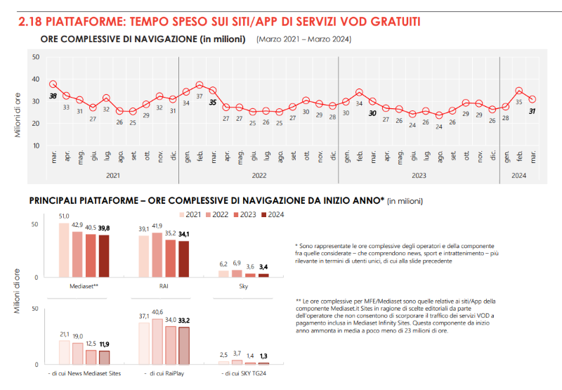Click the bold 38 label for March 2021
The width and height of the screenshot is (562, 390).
(x=53, y=96)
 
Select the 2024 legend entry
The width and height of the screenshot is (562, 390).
(x=273, y=215)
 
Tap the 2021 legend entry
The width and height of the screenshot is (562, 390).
(x=191, y=215)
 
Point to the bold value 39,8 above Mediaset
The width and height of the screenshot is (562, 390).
(x=104, y=228)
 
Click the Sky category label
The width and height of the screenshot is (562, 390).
(x=244, y=287)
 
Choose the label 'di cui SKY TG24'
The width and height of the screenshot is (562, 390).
(x=243, y=373)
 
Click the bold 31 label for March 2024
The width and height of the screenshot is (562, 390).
(x=532, y=110)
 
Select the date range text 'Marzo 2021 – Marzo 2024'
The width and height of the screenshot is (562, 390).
(x=304, y=39)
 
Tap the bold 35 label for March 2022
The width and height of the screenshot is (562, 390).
(x=213, y=102)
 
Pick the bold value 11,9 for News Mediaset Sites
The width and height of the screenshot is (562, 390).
(x=104, y=344)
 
